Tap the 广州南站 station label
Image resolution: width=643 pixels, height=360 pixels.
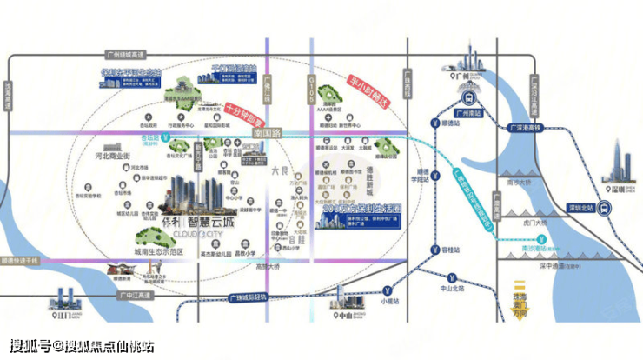tap(467, 113)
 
